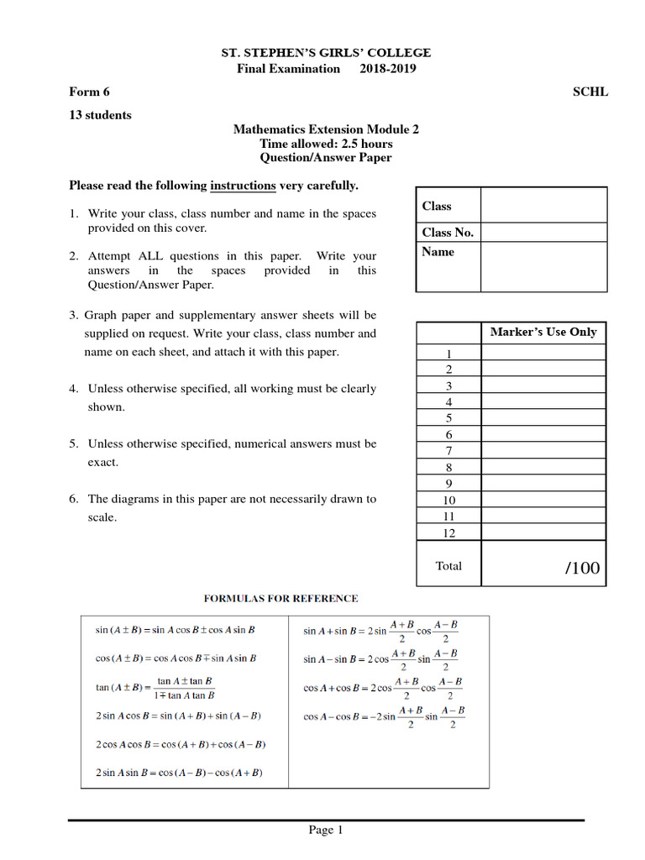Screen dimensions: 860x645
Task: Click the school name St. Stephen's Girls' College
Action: point(325,53)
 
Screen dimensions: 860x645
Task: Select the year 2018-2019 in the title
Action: point(388,69)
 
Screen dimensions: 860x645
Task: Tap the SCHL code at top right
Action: point(590,92)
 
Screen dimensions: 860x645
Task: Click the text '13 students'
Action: point(100,115)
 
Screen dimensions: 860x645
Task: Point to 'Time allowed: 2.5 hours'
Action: point(325,144)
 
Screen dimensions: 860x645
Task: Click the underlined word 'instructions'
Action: point(243,185)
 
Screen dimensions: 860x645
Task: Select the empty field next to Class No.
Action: point(543,233)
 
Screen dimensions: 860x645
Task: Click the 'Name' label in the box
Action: point(438,252)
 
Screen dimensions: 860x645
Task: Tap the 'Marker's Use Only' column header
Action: point(543,332)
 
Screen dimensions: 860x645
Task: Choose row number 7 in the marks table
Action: point(448,451)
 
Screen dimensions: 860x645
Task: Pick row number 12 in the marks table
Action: point(448,532)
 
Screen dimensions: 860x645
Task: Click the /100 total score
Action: point(583,569)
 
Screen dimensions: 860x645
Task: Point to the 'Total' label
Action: point(448,566)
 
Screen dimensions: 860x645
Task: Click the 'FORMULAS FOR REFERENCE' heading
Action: point(281,599)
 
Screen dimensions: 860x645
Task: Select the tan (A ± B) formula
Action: point(155,688)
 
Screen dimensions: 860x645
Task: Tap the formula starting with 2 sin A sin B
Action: point(178,773)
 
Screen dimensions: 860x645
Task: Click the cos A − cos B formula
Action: point(384,717)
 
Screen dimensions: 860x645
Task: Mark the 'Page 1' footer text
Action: point(326,831)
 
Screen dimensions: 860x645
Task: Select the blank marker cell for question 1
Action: point(543,354)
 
